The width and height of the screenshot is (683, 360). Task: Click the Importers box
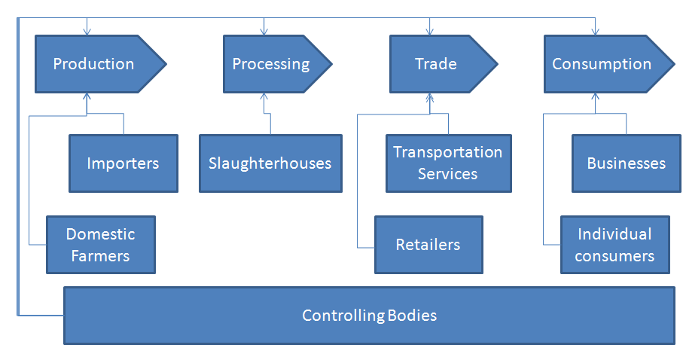(123, 163)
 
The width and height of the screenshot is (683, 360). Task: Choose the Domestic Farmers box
(100, 245)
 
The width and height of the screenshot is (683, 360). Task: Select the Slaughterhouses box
(270, 163)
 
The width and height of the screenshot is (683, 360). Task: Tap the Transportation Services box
(448, 163)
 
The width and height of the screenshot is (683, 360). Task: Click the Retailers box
(428, 245)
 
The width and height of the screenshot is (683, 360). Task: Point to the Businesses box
(627, 163)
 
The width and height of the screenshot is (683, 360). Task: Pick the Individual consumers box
(614, 245)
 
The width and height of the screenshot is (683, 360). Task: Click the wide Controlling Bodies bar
(369, 315)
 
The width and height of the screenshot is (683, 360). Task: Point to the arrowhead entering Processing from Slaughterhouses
(264, 96)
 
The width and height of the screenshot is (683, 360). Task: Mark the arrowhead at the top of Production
(87, 32)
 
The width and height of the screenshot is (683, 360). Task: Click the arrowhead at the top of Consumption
(595, 32)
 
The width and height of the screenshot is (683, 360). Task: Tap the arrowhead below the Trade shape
(428, 96)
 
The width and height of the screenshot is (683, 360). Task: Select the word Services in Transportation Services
(448, 174)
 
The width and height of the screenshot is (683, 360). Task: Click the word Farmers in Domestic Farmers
(100, 256)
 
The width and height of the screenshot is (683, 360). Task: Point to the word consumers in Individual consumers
(614, 256)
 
